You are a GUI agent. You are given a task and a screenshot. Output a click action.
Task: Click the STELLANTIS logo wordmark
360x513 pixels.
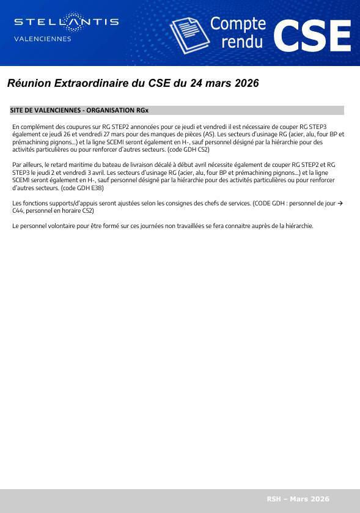click(x=66, y=22)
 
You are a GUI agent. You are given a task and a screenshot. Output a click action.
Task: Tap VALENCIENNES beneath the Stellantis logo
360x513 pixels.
click(x=42, y=39)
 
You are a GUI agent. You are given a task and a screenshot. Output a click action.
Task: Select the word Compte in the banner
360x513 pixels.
click(x=238, y=24)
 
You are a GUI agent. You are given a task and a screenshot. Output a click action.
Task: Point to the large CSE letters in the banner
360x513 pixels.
click(x=312, y=35)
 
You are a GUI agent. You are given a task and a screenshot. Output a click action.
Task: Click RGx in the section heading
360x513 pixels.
click(x=142, y=111)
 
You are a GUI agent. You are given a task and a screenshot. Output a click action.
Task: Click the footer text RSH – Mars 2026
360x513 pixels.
click(x=298, y=499)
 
